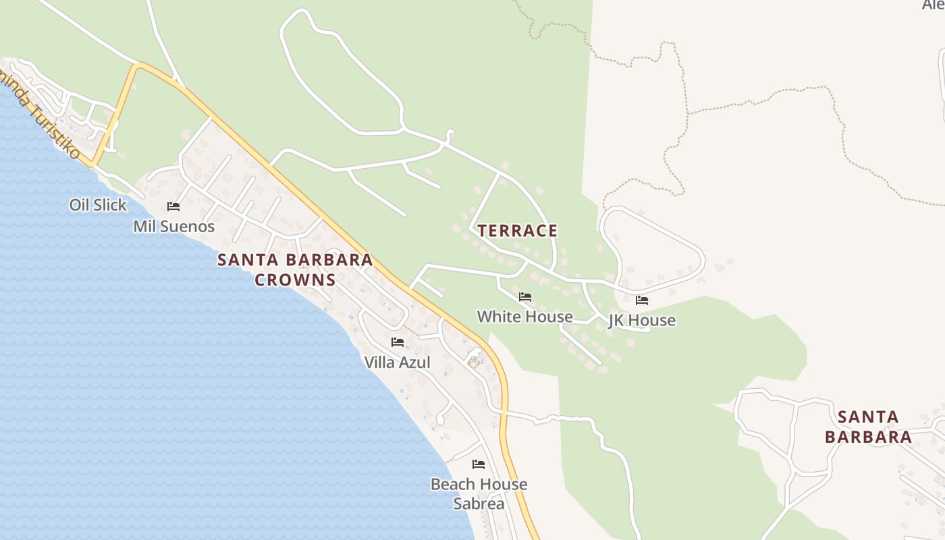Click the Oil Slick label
[x=98, y=205]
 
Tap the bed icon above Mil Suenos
[x=173, y=206]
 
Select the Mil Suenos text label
[x=173, y=226]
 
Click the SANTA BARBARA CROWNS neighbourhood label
[x=295, y=269]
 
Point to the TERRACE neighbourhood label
[x=518, y=231]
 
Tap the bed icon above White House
[x=525, y=297]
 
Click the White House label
[x=524, y=316]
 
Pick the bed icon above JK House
[x=642, y=300]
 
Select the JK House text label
[x=642, y=320]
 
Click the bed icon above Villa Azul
[x=398, y=342]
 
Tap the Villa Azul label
[x=397, y=362]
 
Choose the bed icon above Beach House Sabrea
[x=479, y=464]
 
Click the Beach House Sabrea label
[x=479, y=493]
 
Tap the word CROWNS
[x=295, y=279]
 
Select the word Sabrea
[x=479, y=504]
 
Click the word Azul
[x=415, y=362]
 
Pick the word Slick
[x=111, y=205]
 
